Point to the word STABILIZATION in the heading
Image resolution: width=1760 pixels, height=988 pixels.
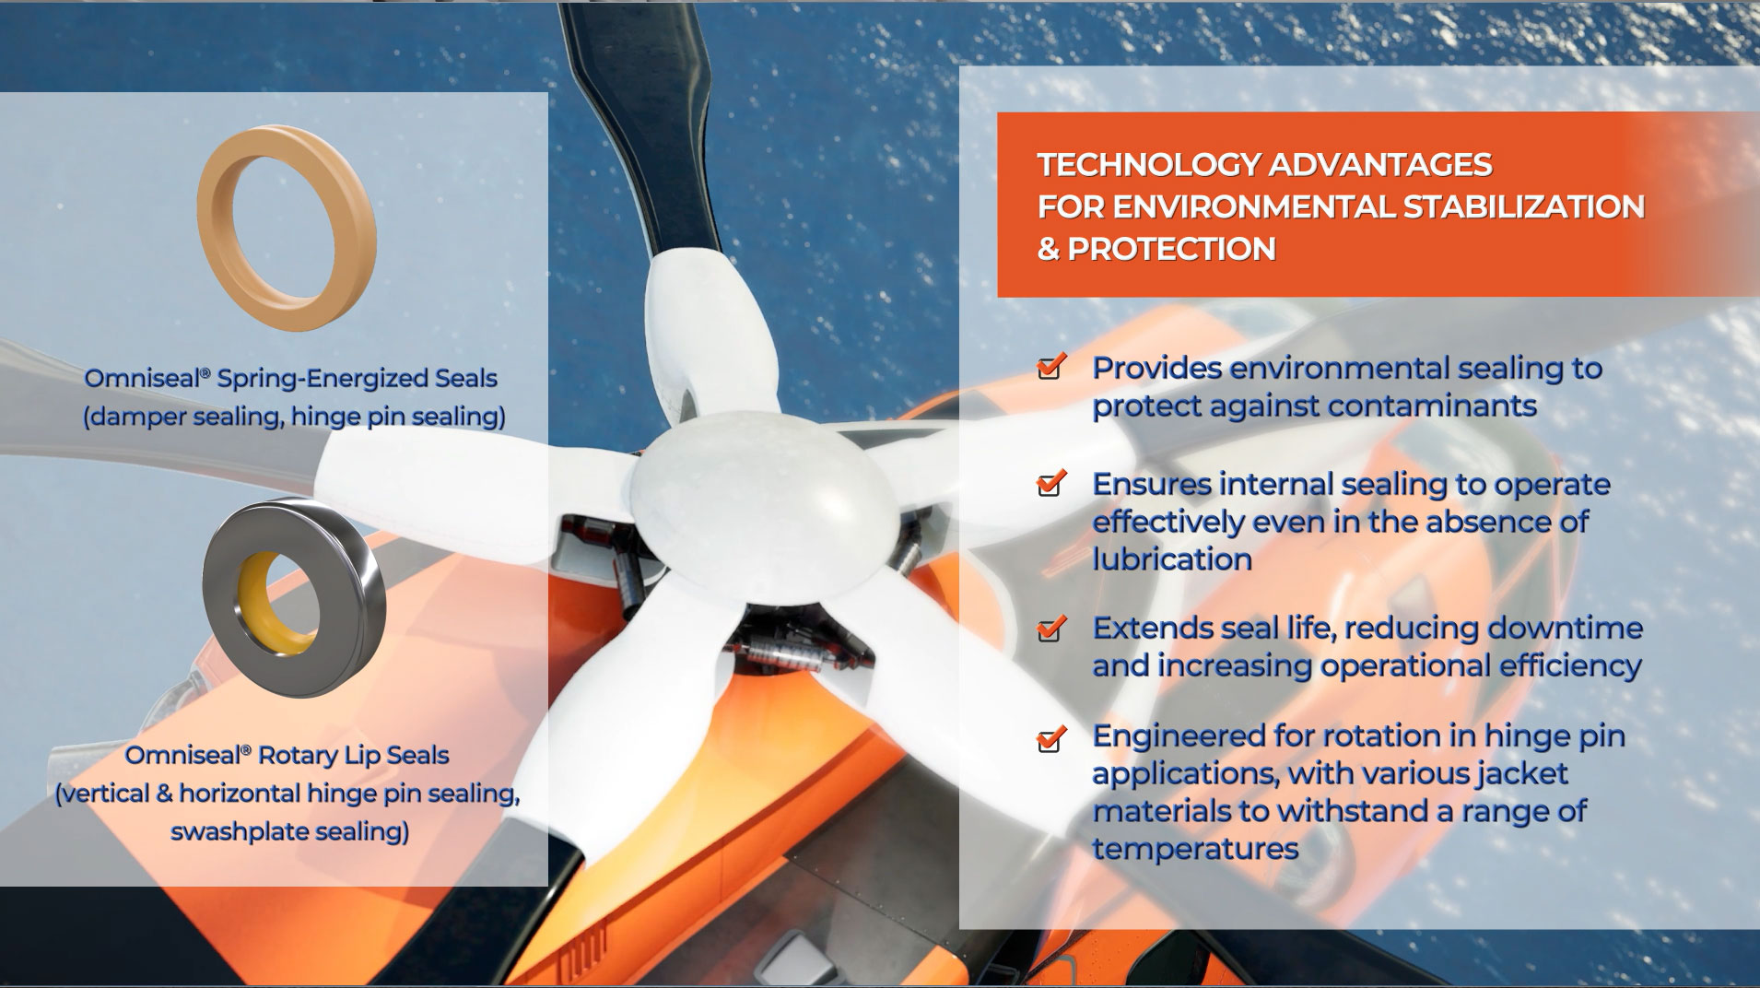point(1523,206)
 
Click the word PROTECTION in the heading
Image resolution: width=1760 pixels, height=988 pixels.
point(1171,249)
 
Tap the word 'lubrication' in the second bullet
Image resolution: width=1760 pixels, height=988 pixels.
point(1172,559)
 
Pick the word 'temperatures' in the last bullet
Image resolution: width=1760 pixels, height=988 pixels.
point(1195,848)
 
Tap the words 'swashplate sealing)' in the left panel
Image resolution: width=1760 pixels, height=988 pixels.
point(289,832)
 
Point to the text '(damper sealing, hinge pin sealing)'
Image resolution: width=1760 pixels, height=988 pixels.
point(294,417)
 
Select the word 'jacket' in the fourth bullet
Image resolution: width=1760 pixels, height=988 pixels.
point(1521,772)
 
